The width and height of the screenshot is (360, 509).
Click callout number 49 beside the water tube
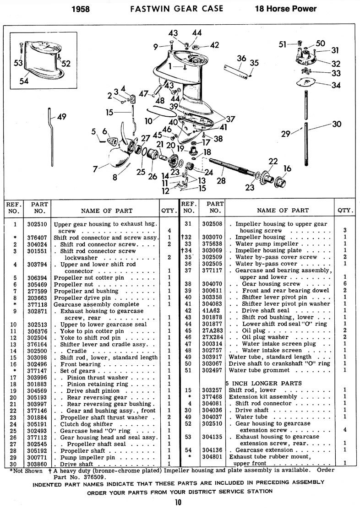coord(61,117)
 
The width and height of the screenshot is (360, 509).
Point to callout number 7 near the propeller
coord(95,169)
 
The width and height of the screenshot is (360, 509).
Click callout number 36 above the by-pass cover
coord(242,58)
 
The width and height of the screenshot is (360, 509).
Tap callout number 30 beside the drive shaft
coord(337,124)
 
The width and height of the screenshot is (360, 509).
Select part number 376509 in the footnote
coord(96,476)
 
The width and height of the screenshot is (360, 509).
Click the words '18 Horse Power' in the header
coord(286,8)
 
